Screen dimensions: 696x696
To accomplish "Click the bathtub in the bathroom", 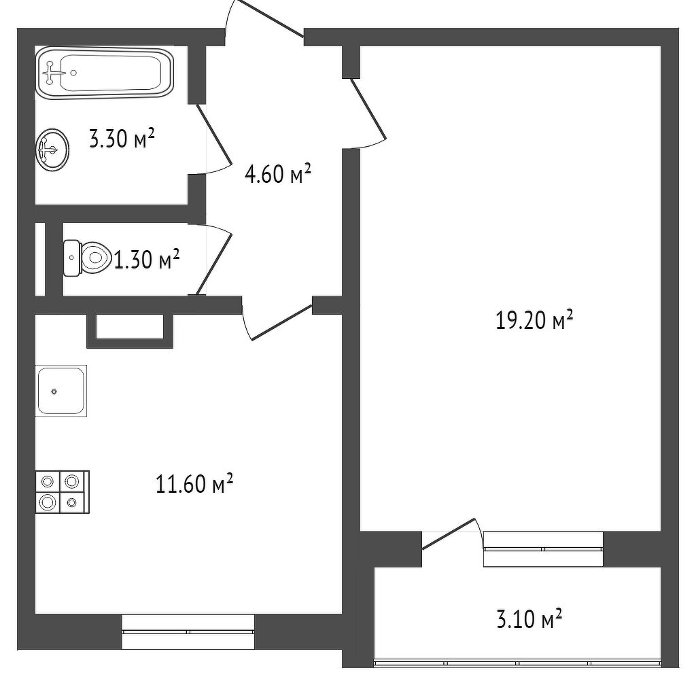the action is (x=104, y=73).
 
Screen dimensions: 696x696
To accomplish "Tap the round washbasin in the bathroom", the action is (x=52, y=149).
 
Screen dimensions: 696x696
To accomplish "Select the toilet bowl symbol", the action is (x=87, y=258).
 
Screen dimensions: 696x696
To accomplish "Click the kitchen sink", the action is (x=60, y=391).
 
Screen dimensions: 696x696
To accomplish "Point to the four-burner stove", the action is (x=62, y=492).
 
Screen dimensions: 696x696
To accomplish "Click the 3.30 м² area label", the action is (x=122, y=139).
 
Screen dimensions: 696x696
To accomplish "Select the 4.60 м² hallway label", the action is (x=277, y=173).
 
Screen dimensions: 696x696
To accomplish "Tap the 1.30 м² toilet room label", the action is (x=147, y=260).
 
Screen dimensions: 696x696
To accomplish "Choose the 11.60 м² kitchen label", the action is (x=194, y=484).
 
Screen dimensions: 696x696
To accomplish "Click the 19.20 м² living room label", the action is (x=534, y=319).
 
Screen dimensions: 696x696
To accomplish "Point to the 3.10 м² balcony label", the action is (x=529, y=619).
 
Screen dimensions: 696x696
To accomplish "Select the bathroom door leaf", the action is (x=214, y=134).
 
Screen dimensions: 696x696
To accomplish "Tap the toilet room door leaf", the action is (x=214, y=264).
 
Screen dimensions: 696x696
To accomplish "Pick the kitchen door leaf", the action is (x=282, y=322).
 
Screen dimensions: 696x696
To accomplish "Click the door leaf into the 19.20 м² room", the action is (x=368, y=108).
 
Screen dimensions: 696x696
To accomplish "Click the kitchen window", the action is (x=188, y=631).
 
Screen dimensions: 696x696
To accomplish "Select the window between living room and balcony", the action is (x=543, y=549).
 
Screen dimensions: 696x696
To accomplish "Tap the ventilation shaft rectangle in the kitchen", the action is (x=130, y=331).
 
